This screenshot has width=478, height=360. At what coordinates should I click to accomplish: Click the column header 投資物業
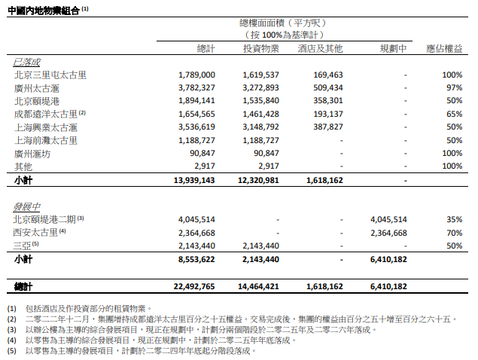coord(261,48)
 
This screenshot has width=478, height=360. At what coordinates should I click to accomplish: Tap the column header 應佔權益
coord(444,48)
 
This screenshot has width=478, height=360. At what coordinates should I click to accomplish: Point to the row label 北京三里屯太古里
coord(50,75)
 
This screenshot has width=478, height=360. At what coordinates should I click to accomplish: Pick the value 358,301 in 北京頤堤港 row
coord(326,100)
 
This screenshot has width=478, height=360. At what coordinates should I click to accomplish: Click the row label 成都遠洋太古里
coord(45,113)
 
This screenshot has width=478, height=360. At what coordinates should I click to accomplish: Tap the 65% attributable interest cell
coord(453,113)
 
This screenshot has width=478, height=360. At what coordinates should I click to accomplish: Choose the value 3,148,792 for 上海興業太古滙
coord(261,127)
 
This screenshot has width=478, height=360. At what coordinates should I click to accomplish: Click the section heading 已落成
coord(26,62)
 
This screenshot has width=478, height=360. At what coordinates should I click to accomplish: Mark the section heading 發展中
coord(26,206)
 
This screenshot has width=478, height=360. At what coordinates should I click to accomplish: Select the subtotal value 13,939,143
coord(194,182)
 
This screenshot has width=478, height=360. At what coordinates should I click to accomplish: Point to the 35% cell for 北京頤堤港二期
coord(453,219)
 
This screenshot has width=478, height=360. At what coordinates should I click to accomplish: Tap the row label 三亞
coord(23,246)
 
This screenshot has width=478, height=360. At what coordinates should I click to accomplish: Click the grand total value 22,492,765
coord(194,287)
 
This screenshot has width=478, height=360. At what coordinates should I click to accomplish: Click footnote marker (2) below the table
coord(12,319)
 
